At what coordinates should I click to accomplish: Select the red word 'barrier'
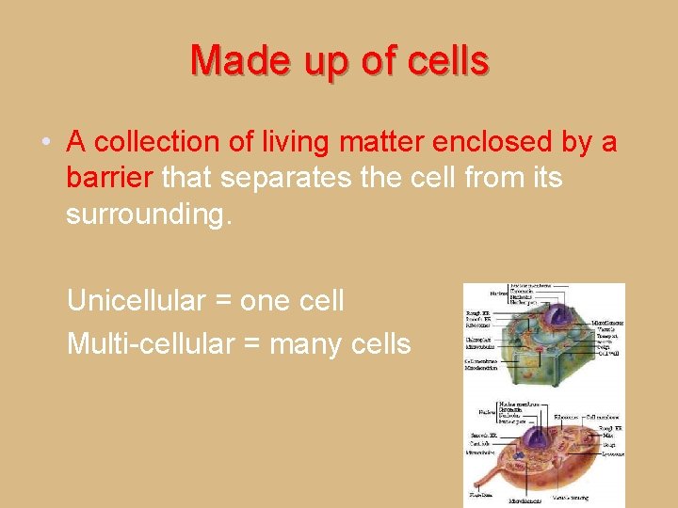click(x=110, y=177)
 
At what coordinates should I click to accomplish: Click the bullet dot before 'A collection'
click(x=46, y=143)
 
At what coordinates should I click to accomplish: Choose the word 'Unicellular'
click(x=136, y=301)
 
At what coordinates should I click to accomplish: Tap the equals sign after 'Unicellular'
click(x=222, y=302)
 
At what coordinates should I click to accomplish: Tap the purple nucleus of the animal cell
click(x=535, y=437)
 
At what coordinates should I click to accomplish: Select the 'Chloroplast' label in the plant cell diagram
click(x=481, y=341)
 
